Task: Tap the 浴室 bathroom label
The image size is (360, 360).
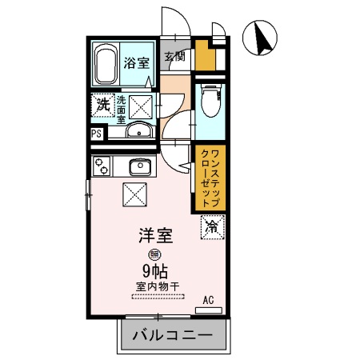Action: click(x=138, y=62)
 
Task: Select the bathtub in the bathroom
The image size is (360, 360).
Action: click(x=105, y=63)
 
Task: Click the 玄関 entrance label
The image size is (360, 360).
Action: click(x=175, y=56)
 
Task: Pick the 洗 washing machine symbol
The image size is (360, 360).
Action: click(x=102, y=104)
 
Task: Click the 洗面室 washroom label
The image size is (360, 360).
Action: click(x=122, y=107)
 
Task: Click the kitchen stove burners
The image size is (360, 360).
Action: click(x=102, y=166)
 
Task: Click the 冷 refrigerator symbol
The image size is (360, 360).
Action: click(x=212, y=227)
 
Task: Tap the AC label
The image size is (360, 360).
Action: click(x=208, y=300)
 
